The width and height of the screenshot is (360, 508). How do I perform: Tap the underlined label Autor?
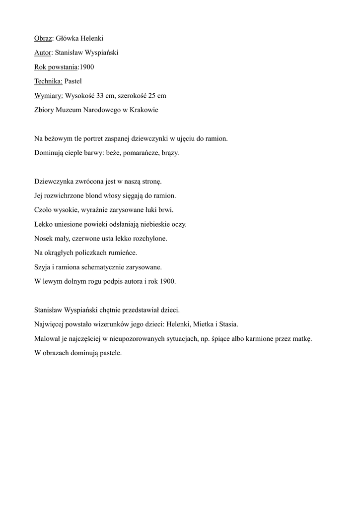(43, 53)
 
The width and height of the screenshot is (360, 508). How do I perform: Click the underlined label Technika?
(48, 81)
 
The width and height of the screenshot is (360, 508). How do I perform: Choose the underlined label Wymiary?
(49, 96)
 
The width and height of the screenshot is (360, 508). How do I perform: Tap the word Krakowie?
(144, 110)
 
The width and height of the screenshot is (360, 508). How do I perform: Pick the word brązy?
(170, 153)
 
